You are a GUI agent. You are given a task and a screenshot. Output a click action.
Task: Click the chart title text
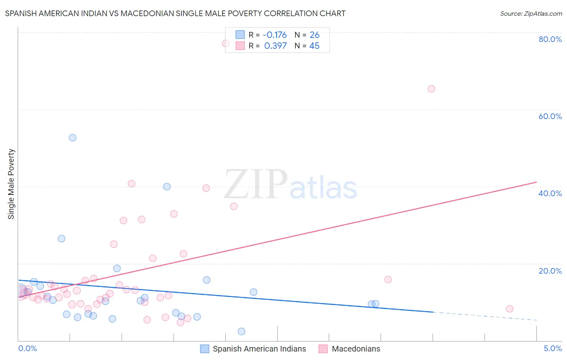click(175, 13)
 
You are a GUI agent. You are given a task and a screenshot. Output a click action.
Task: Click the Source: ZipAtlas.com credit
click(531, 13)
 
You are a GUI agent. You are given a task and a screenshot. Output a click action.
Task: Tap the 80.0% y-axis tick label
click(550, 39)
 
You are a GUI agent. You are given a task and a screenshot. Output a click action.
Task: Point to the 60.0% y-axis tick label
click(550, 116)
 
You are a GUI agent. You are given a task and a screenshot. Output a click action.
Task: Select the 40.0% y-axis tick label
click(550, 193)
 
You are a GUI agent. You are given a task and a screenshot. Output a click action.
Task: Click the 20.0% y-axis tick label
click(550, 270)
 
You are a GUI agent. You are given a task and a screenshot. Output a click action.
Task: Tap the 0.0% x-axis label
click(27, 348)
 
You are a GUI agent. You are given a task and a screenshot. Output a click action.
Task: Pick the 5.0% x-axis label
click(552, 348)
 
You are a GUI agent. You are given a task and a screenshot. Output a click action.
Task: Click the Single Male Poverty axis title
click(11, 184)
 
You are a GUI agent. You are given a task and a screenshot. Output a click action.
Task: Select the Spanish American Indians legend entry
click(259, 349)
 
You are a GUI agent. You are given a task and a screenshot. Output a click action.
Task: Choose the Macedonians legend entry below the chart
click(356, 349)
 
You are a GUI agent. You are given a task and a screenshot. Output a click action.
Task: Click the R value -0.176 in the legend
click(275, 35)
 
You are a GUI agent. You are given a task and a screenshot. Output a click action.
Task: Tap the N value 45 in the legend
click(314, 46)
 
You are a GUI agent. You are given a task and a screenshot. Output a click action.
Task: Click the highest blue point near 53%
click(73, 138)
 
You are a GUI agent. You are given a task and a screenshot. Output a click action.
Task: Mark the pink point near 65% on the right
click(432, 89)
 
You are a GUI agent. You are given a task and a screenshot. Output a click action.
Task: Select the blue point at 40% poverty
click(167, 186)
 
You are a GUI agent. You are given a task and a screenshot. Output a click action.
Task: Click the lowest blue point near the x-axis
click(242, 331)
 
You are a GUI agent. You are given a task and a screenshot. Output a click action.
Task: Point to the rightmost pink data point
click(510, 309)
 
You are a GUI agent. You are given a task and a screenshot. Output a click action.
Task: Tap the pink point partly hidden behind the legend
click(226, 44)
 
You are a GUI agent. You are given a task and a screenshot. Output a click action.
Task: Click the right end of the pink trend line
click(536, 182)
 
